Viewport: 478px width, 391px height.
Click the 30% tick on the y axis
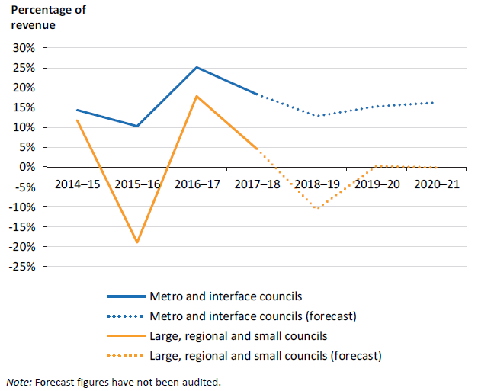tap(24, 48)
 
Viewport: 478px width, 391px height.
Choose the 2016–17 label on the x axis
tap(197, 184)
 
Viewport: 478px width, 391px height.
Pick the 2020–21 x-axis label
tap(436, 184)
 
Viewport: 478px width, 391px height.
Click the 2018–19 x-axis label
tap(316, 184)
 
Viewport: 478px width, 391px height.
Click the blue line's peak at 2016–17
tap(197, 67)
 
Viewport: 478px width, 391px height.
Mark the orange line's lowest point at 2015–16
tap(137, 242)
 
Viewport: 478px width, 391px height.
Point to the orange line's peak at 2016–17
tap(197, 96)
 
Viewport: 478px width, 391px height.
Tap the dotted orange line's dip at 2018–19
tap(316, 208)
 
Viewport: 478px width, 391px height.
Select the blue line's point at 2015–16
tap(137, 126)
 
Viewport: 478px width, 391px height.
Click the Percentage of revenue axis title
tap(47, 18)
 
